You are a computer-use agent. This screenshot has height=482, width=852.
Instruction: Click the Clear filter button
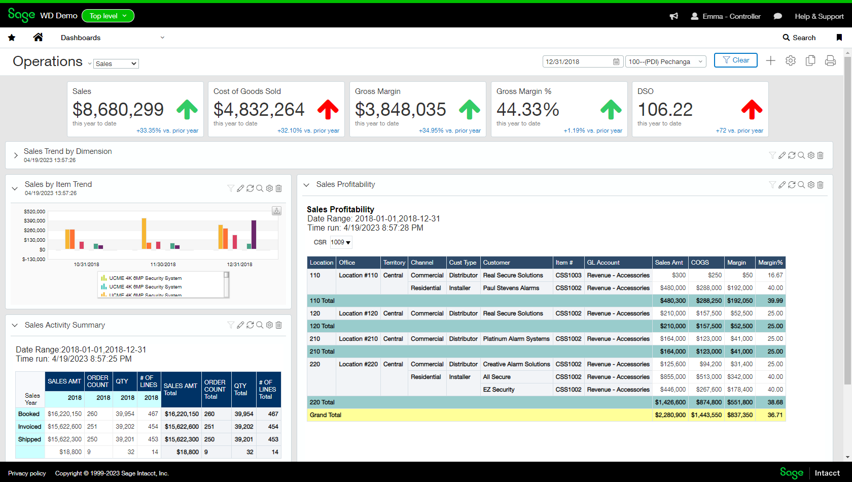click(735, 60)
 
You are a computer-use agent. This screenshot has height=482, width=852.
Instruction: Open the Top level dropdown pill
click(108, 16)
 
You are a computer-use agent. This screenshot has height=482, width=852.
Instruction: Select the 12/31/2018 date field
click(578, 62)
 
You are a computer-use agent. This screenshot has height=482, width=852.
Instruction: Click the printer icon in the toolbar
click(830, 61)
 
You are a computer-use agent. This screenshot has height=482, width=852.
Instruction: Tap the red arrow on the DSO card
click(752, 109)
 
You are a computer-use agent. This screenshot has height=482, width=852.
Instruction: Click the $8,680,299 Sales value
click(118, 109)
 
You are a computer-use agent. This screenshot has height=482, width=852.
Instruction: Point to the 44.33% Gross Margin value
click(527, 109)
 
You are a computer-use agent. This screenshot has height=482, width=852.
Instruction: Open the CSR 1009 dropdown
click(341, 242)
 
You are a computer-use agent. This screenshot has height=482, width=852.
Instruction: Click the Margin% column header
click(770, 263)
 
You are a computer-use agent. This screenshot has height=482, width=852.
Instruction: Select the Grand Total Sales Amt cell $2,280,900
click(670, 415)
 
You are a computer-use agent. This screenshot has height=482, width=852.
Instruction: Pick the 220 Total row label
click(322, 402)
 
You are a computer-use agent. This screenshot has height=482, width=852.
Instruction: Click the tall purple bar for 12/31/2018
click(254, 234)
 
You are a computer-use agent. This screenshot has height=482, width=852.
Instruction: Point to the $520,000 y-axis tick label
click(34, 211)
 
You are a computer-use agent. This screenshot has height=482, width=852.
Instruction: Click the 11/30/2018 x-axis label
click(163, 265)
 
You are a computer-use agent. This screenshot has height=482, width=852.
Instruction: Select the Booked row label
click(29, 414)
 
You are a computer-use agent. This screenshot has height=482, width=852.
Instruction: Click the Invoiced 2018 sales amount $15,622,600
click(64, 427)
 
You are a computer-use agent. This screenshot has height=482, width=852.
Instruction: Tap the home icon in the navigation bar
click(38, 37)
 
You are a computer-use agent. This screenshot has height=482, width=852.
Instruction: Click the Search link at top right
click(799, 38)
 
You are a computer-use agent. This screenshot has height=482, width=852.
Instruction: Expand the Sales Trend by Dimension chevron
click(16, 155)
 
